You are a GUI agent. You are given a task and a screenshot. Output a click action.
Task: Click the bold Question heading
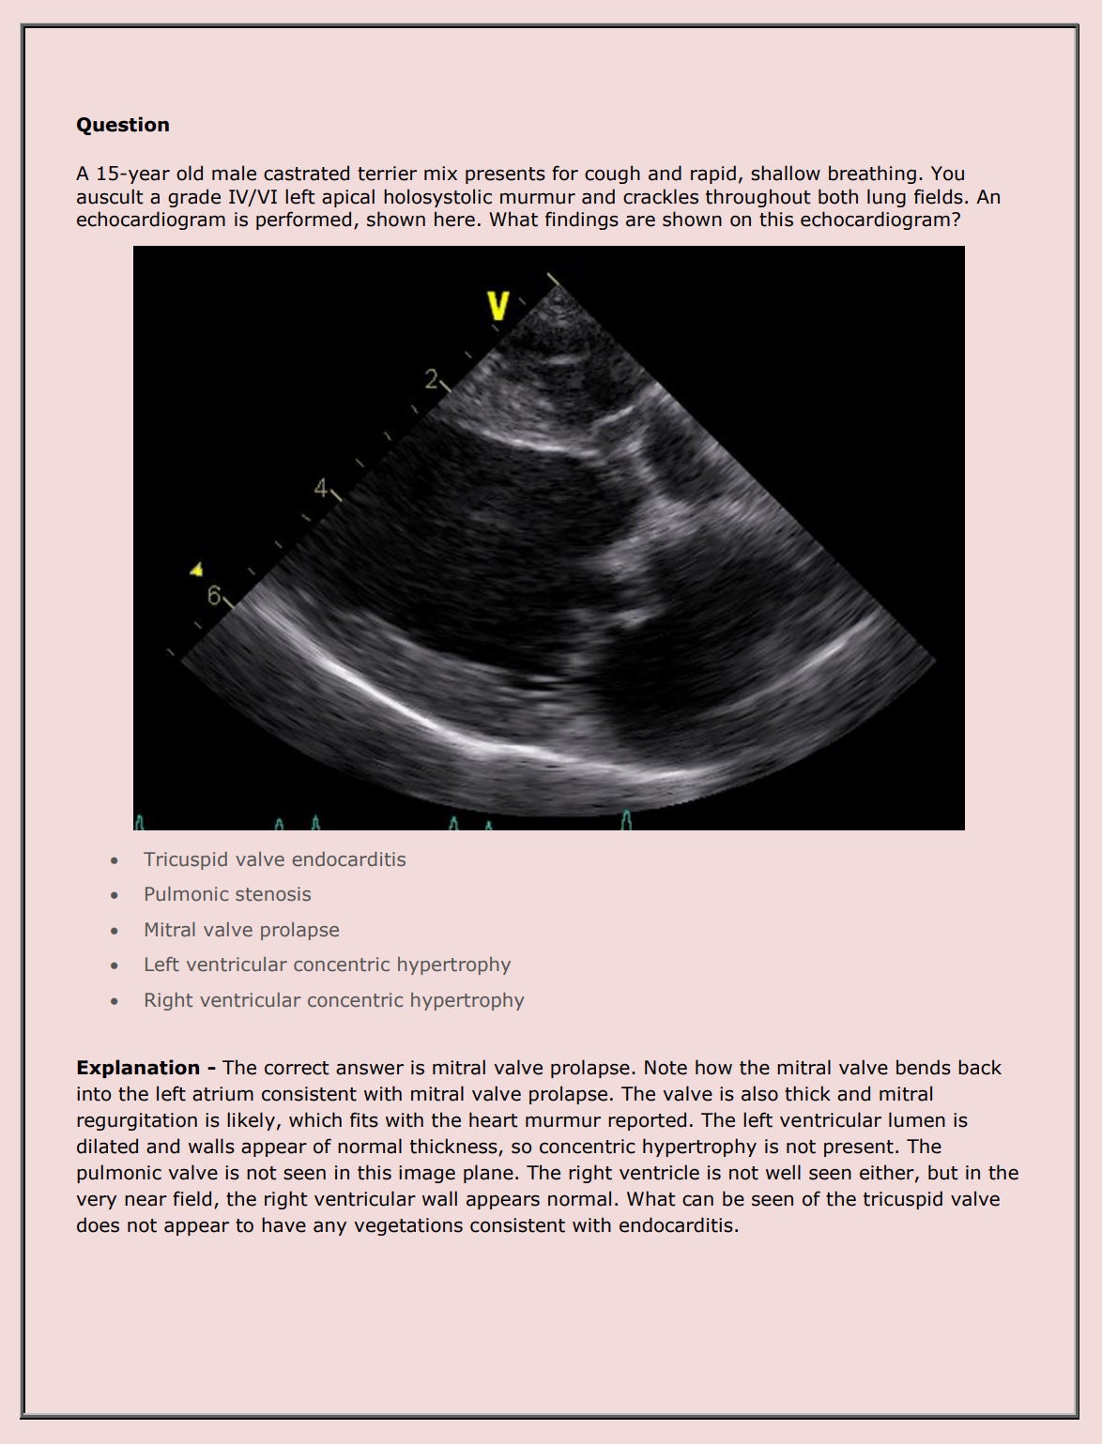tap(123, 125)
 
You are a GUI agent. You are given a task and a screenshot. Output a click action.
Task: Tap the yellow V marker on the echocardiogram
tap(498, 306)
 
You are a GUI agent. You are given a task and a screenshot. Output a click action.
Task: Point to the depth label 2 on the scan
tap(431, 379)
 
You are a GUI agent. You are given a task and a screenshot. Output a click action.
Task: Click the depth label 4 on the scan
tap(322, 488)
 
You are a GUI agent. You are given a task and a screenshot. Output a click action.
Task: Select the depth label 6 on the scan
tap(214, 595)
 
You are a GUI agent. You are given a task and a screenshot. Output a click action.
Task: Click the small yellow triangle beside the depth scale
tap(196, 569)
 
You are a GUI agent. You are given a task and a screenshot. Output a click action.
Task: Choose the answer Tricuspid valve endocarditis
tap(274, 859)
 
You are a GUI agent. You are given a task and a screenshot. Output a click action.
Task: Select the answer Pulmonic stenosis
tap(227, 894)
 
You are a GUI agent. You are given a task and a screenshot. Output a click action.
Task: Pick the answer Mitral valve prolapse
tap(241, 930)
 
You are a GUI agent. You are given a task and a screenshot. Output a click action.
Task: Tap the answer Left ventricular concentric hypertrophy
tap(327, 965)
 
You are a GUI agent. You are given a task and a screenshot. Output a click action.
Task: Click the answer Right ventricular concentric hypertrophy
tap(333, 1000)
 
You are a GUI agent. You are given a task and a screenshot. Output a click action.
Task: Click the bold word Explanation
tap(138, 1068)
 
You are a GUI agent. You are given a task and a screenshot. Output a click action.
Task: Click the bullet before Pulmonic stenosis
tap(115, 895)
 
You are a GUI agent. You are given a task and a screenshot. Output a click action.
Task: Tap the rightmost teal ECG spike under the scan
tap(626, 820)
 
